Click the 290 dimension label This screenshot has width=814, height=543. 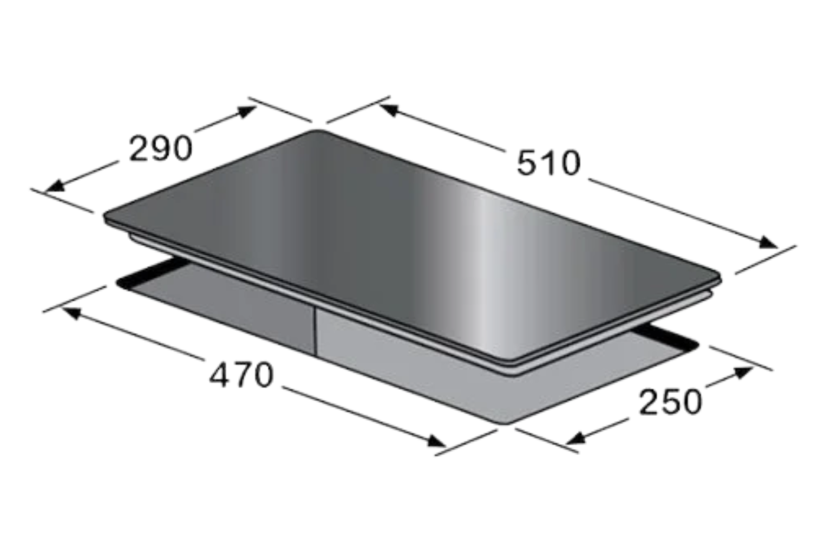pyautogui.click(x=161, y=148)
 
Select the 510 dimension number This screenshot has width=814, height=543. pyautogui.click(x=549, y=163)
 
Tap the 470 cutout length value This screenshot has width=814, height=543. pyautogui.click(x=241, y=375)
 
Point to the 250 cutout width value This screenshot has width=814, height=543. pyautogui.click(x=670, y=402)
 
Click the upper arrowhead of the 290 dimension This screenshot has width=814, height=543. pyautogui.click(x=247, y=112)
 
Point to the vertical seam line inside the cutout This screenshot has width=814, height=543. pyautogui.click(x=315, y=331)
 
